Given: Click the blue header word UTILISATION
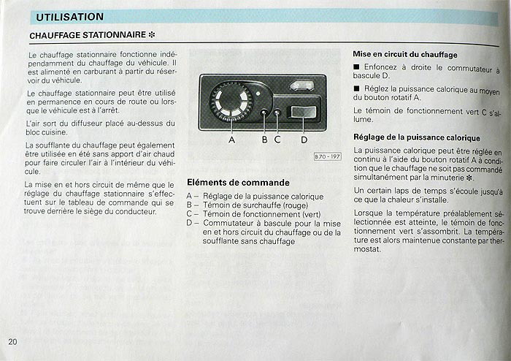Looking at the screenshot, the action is pos(70,17).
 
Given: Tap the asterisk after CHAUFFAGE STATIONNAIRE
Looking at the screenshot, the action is pos(152,35).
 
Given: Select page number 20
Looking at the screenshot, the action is pos(12,342).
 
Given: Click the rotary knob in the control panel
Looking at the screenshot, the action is pos(231,100).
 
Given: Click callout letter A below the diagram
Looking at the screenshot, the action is pos(231,140).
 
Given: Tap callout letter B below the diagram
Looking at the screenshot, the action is pos(264,140).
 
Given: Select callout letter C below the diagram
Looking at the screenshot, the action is pos(277,140).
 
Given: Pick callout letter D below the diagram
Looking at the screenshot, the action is pos(304,140).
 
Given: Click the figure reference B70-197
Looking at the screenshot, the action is pos(328,156).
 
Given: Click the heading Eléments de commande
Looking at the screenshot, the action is pos(238,182).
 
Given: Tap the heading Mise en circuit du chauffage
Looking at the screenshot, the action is pos(405,55).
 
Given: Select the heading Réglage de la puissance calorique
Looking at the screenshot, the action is pos(417,137).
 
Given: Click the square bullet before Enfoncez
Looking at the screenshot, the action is pos(356,66).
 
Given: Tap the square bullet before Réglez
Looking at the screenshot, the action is pos(356,88).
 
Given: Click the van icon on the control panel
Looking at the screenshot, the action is pos(302,85).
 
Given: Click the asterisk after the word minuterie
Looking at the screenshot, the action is pos(469,178).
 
